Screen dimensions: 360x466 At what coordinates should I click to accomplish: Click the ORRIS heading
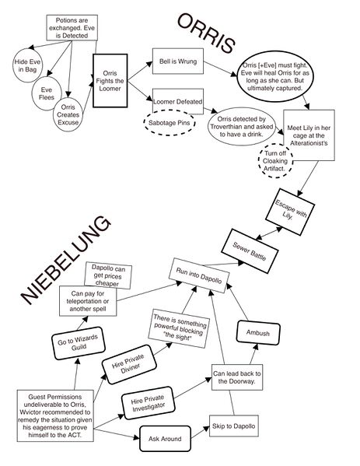coord(206,33)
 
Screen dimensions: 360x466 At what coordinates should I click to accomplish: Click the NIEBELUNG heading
coord(66,261)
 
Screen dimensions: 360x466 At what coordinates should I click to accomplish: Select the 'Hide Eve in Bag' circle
coord(28,65)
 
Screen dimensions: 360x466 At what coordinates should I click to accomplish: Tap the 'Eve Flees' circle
coord(47,93)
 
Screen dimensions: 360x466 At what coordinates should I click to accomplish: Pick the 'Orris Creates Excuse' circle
coord(68,114)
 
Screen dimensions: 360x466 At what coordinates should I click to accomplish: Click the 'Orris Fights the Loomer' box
coord(110,81)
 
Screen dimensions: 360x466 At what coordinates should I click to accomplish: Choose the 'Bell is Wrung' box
coord(178,61)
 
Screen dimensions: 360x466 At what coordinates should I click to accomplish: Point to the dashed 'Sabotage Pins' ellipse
coord(170,123)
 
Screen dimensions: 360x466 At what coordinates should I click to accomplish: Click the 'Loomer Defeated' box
coord(178,101)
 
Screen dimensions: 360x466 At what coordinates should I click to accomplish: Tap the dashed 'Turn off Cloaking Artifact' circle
coord(275,161)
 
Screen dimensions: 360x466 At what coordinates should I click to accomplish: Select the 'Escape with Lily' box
coord(290,212)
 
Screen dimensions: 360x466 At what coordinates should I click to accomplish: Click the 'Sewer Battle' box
coord(250,251)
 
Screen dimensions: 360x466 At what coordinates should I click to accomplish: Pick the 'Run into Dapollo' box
coord(199,275)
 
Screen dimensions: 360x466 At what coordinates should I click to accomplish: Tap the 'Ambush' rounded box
coord(258,333)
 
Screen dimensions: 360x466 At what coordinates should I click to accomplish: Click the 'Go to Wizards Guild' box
coord(78,343)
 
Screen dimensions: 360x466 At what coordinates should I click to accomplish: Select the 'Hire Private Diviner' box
coord(129,364)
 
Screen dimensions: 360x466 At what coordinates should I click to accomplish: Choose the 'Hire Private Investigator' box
coord(149,403)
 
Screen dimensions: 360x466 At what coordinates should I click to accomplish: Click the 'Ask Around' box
coord(165,439)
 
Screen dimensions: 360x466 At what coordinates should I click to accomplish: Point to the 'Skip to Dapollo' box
coord(234,426)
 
